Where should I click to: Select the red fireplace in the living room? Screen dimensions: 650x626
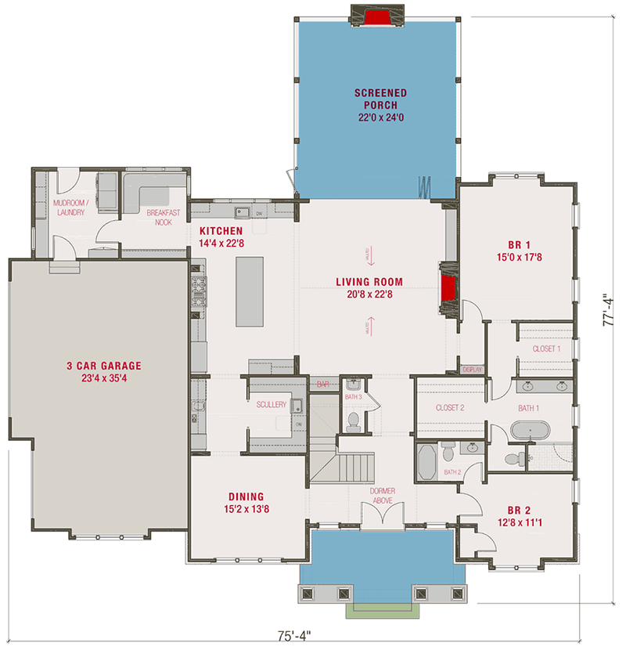(x=448, y=289)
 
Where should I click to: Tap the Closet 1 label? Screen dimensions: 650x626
(x=546, y=348)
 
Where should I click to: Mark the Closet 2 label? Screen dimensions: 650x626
(x=450, y=407)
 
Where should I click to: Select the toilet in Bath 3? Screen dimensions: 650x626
(x=353, y=422)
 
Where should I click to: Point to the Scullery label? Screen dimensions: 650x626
(x=272, y=405)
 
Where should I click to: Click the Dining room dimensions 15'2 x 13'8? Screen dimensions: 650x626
(x=246, y=509)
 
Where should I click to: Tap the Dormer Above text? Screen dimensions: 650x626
(x=383, y=496)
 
